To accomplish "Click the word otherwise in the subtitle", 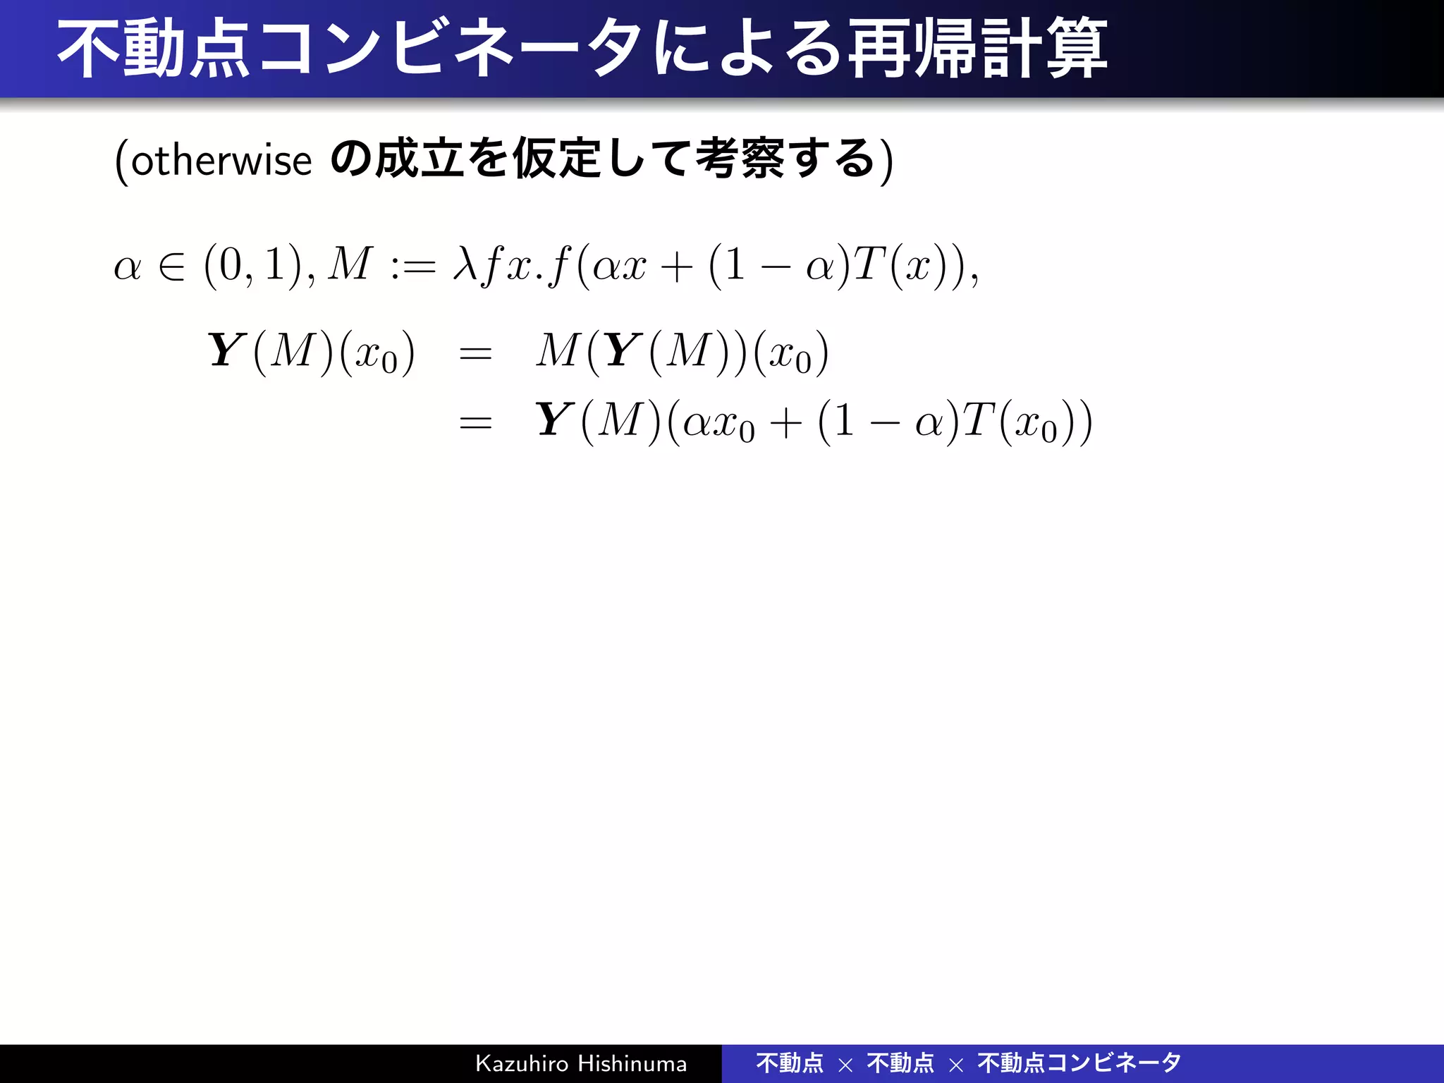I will (221, 160).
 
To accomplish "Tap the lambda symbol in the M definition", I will (465, 264).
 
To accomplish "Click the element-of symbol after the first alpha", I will (172, 267).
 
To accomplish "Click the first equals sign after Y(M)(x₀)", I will (475, 353).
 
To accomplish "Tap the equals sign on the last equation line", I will (475, 423).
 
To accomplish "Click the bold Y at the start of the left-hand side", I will (227, 350).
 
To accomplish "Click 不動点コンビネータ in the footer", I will (1079, 1063).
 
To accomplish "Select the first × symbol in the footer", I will (845, 1065).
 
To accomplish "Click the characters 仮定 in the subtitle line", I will (557, 159).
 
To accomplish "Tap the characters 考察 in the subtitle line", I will (739, 159).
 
